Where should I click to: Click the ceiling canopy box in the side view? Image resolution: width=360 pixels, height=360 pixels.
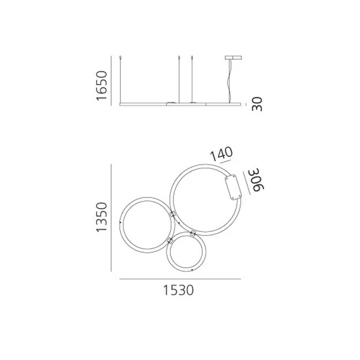pyautogui.click(x=233, y=58)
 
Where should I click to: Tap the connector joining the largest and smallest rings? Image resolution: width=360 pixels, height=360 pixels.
pyautogui.click(x=193, y=233)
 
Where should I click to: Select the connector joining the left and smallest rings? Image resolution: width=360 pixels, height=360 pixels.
pyautogui.click(x=170, y=241)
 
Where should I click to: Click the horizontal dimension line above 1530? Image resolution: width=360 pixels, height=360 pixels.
pyautogui.click(x=180, y=279)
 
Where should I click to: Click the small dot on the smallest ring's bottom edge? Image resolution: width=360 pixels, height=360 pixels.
pyautogui.click(x=192, y=269)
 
